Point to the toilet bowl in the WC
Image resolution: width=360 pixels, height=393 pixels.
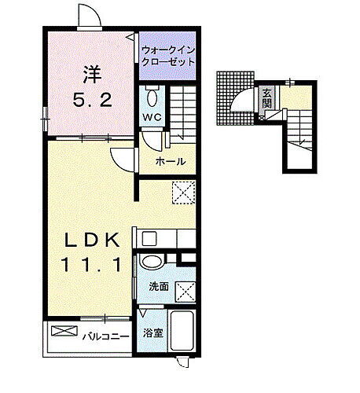point(151,97)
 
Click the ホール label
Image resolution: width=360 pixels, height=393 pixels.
point(171,161)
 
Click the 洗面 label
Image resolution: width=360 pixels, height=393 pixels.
point(158,286)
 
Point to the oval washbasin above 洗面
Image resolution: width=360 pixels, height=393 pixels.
point(154,263)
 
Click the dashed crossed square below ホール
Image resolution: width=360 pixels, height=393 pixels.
point(182,191)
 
